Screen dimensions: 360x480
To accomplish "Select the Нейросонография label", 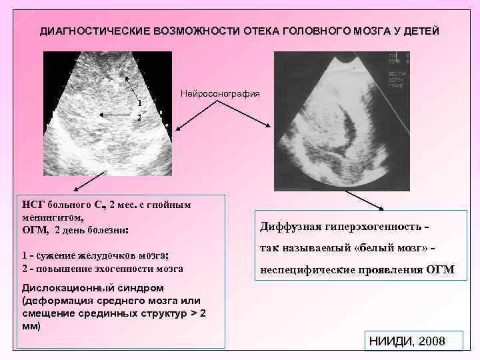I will [220, 93].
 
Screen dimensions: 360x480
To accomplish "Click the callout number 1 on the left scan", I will [139, 103].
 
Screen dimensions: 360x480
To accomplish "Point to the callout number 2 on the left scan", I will [139, 117].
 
